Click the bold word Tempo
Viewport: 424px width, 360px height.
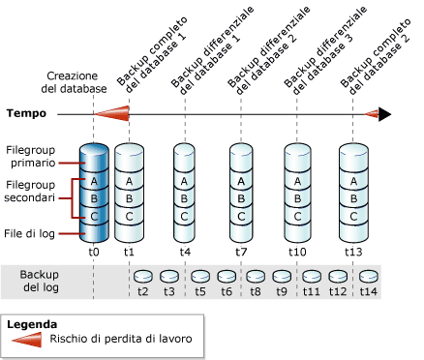[27, 113]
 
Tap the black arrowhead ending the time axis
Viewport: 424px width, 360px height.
[384, 113]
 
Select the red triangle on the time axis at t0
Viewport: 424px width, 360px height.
[114, 113]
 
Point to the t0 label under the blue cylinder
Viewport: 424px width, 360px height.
[93, 251]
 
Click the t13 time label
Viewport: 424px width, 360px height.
[353, 251]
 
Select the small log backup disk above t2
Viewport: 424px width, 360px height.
[142, 275]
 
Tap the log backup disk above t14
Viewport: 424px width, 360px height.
[369, 275]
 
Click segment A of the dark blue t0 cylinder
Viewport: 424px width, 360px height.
[93, 182]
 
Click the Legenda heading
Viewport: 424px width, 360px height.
[32, 324]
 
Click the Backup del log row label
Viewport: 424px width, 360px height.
[45, 282]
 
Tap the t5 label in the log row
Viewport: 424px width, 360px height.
[200, 289]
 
